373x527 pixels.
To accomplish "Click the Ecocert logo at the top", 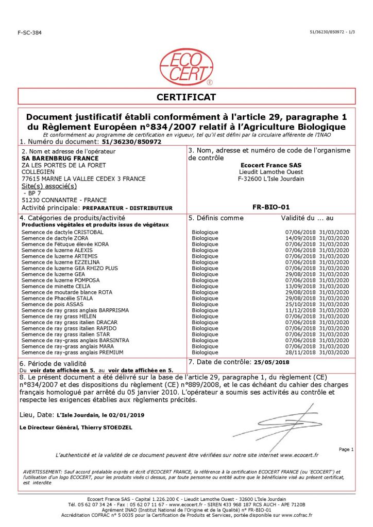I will [186, 67].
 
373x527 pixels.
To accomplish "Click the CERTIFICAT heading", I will [186, 97].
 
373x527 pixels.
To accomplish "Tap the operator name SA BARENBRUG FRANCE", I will [54, 159].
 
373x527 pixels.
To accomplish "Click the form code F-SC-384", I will [29, 32].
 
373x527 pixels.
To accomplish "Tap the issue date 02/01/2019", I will [131, 414].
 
